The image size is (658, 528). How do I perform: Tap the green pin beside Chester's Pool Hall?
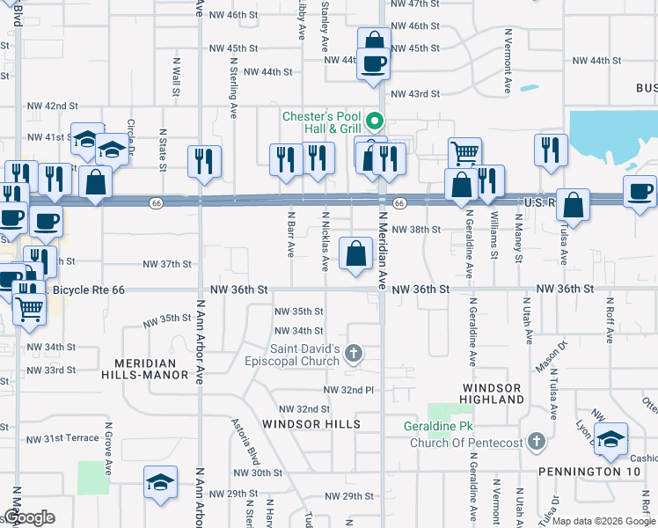click(x=375, y=121)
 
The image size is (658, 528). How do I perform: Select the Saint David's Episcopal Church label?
click(x=304, y=355)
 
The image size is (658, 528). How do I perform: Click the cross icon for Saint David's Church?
click(x=354, y=355)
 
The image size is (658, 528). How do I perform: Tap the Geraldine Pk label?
click(x=451, y=426)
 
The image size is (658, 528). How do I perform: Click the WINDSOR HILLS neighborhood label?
click(x=311, y=424)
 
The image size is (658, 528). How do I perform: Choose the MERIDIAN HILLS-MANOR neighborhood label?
click(x=150, y=369)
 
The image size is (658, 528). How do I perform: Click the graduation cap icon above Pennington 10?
click(x=610, y=439)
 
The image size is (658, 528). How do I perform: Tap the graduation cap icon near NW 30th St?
click(x=161, y=482)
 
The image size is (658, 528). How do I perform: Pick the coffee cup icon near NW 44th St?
click(x=374, y=64)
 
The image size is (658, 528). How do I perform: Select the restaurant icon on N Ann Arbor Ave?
click(x=204, y=161)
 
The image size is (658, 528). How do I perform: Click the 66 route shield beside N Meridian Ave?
click(x=399, y=203)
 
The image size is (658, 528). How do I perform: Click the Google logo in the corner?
click(x=29, y=517)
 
